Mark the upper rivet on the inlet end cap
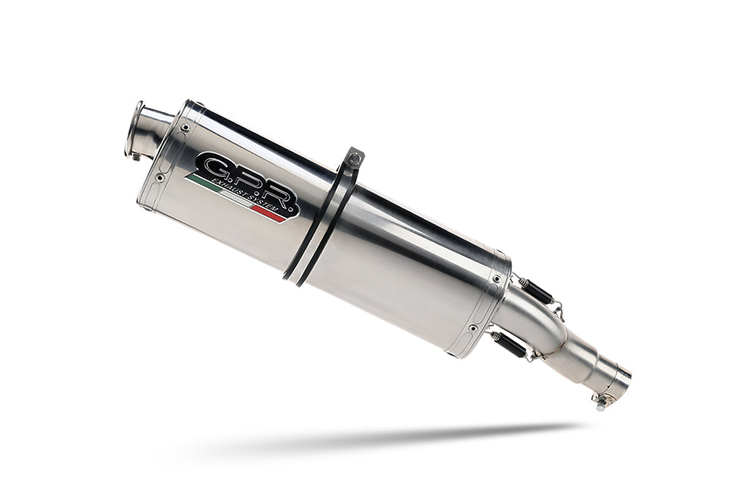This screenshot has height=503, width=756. [496, 279]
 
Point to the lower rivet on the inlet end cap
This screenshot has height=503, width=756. [472, 328]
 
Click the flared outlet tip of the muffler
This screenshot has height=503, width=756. [137, 130]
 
